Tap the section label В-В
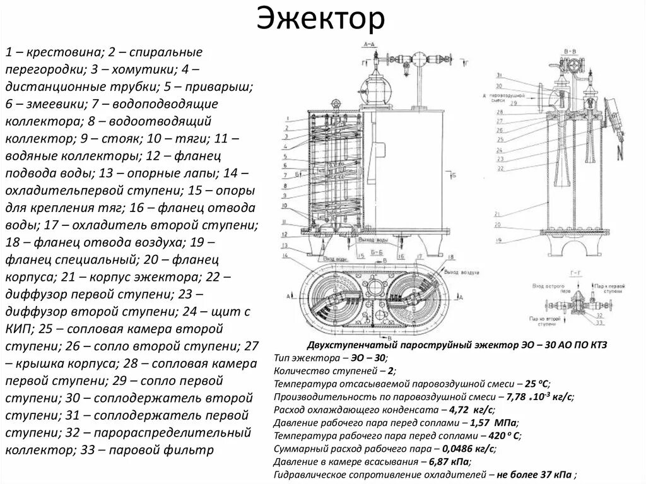pos(569,48)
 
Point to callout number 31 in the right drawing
pos(498,74)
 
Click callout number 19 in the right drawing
pos(498,240)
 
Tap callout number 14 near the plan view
pos(286,255)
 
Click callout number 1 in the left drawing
pos(286,118)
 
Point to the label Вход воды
pos(334,259)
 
